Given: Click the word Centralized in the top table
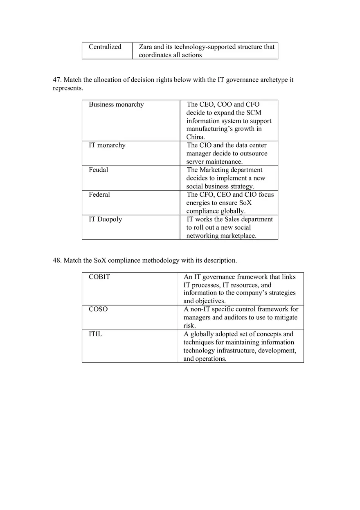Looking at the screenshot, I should [105, 47].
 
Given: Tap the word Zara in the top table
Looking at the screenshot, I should [145, 47].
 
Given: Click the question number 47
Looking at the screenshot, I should [57, 80].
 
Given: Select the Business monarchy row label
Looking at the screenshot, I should [116, 105].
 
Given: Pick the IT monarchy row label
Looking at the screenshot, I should [107, 146].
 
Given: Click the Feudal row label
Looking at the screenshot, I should [98, 170].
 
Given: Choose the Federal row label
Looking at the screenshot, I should [99, 195].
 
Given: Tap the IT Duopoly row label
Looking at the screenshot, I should [105, 220].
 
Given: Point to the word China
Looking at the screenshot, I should [195, 137].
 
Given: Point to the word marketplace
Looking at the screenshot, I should [238, 236].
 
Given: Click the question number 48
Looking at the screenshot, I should [57, 261].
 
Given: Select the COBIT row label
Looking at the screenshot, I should [99, 277].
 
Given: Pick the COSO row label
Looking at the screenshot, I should [98, 310].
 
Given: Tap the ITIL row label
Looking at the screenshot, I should [95, 334].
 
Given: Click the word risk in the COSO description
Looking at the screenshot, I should [189, 326].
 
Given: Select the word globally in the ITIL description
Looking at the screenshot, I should [203, 334].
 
